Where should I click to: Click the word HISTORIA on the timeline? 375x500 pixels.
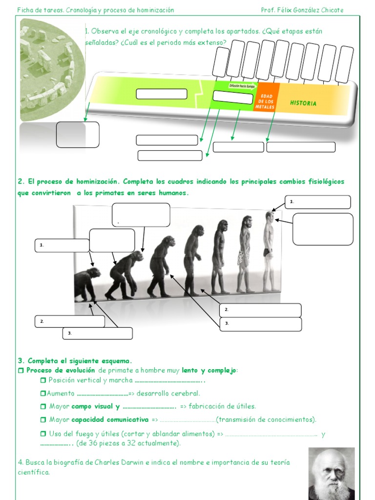point(303,103)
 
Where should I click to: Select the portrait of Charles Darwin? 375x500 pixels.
point(332,474)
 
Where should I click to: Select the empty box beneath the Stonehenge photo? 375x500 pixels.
point(78,134)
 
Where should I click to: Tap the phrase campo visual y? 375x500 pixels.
point(96,406)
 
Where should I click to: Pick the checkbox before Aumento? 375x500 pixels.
point(43,394)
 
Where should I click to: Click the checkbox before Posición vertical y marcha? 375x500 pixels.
point(43,380)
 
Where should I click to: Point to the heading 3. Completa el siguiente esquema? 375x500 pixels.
point(75,361)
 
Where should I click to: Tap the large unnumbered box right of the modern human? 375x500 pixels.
point(323,229)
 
